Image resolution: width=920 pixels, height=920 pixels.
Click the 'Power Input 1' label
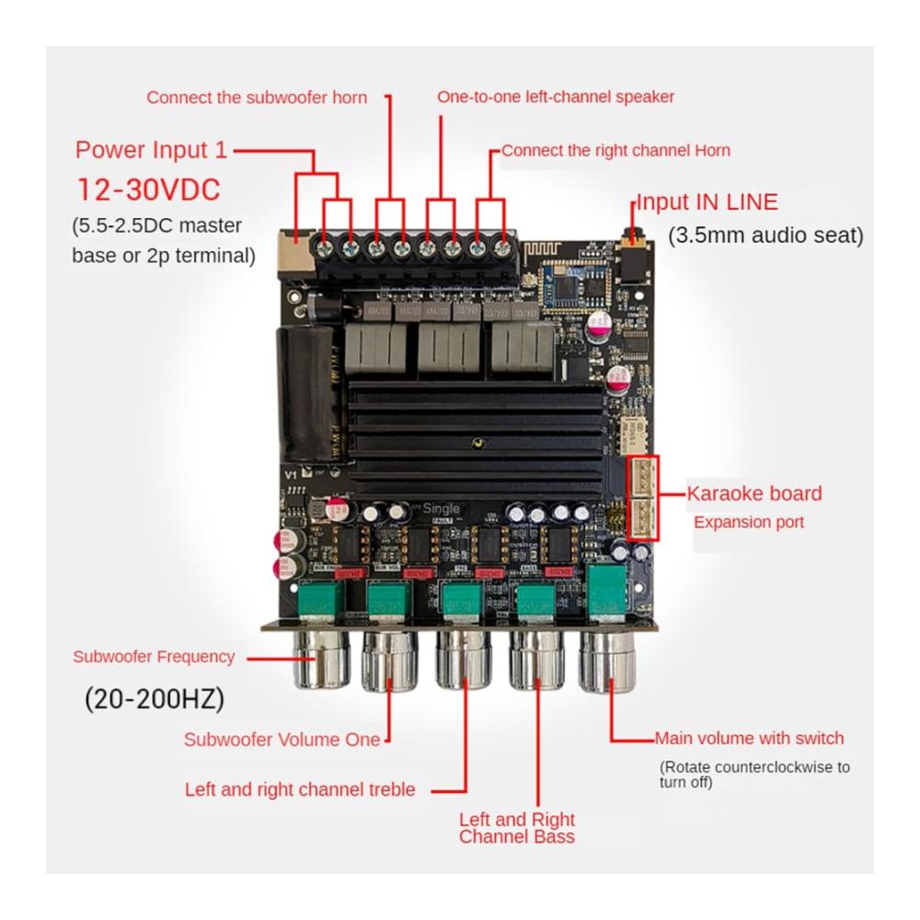tap(150, 150)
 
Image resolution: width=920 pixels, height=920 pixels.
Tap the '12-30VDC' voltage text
tap(149, 190)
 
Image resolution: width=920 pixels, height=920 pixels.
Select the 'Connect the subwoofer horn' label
tap(257, 98)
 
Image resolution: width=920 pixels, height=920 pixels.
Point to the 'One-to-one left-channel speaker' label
tap(556, 97)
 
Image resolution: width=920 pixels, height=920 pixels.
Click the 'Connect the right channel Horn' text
tap(615, 150)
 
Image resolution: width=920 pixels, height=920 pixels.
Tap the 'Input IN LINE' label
tap(707, 202)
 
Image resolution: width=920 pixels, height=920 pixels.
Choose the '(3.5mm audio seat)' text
tap(765, 236)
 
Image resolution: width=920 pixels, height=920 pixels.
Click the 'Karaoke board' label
tap(754, 493)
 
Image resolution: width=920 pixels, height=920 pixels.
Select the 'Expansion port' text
tap(749, 523)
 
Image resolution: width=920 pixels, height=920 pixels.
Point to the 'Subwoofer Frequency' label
tap(154, 657)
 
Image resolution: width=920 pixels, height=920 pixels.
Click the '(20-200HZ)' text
tap(155, 699)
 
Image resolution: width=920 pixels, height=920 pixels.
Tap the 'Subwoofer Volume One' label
tap(282, 739)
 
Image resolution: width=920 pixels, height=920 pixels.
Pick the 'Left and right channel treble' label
tap(300, 789)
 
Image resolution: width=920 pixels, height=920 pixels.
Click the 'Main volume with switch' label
tap(749, 738)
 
